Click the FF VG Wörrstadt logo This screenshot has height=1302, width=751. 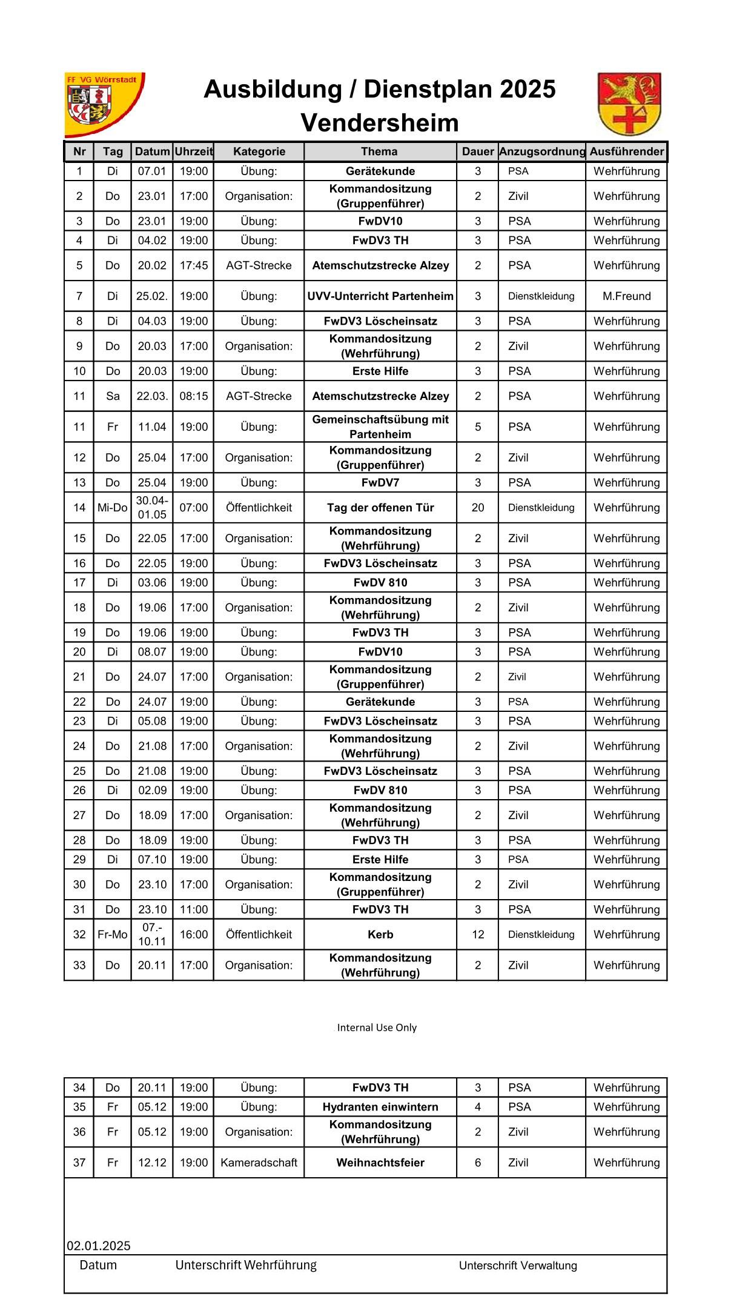click(x=104, y=104)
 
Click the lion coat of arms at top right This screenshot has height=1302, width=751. click(x=629, y=104)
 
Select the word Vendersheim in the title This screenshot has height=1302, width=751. click(x=380, y=123)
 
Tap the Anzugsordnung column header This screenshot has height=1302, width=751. click(x=542, y=151)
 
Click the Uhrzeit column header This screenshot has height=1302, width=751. click(x=193, y=151)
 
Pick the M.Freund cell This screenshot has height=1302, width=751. click(x=626, y=296)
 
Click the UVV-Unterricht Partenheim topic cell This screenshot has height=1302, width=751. click(x=380, y=296)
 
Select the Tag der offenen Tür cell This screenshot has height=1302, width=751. click(x=380, y=508)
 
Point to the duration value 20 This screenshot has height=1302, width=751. click(x=478, y=508)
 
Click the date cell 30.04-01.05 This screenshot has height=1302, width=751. click(x=151, y=508)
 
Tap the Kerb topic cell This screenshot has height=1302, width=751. click(x=380, y=934)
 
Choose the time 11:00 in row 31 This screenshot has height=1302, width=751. click(x=193, y=909)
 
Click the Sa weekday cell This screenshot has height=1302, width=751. click(x=113, y=396)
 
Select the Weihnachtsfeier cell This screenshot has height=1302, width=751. click(x=380, y=1163)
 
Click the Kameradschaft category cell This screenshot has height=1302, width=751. click(x=259, y=1163)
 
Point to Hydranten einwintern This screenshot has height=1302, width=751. click(x=380, y=1107)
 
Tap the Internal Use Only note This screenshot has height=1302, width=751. click(x=377, y=1028)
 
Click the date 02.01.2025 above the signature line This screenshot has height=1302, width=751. click(x=99, y=1246)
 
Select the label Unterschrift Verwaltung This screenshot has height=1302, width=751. click(x=518, y=1266)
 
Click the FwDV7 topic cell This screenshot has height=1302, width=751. click(x=380, y=483)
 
